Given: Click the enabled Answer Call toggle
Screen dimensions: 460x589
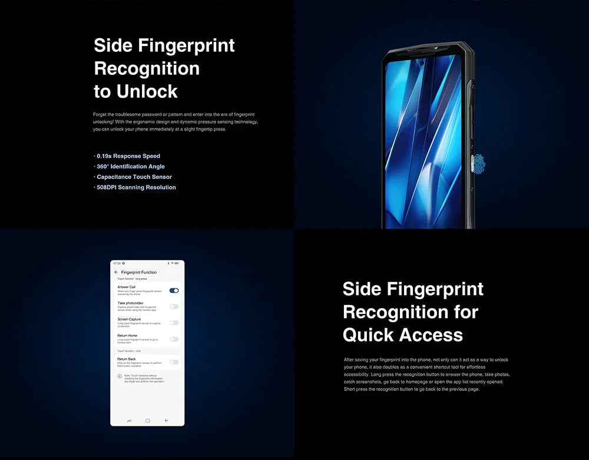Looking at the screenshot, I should click(x=174, y=290).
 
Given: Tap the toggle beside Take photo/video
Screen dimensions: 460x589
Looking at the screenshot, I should click(x=174, y=306).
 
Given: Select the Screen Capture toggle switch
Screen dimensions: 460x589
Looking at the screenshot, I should click(x=174, y=323).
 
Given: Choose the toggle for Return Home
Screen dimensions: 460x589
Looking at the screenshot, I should click(x=174, y=339).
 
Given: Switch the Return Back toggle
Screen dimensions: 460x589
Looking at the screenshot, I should click(x=174, y=362).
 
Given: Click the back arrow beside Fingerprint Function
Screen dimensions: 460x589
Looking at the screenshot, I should click(x=116, y=273).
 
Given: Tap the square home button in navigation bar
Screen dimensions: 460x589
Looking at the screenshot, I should click(x=147, y=421).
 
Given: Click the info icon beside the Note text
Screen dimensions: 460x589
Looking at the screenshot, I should click(x=120, y=376).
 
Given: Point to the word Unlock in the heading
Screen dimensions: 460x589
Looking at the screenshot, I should click(x=147, y=91).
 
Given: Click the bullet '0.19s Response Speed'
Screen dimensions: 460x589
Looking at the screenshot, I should click(x=128, y=156).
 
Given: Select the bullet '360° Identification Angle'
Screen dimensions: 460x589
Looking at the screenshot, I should click(x=130, y=167).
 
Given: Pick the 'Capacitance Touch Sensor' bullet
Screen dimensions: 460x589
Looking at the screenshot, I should click(x=134, y=177).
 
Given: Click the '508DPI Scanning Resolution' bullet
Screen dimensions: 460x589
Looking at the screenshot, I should click(x=135, y=187).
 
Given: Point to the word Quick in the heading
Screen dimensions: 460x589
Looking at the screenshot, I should click(x=369, y=335).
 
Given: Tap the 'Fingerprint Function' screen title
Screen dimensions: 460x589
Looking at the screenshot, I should click(x=139, y=273).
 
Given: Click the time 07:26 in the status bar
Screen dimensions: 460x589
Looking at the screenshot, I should click(x=117, y=263).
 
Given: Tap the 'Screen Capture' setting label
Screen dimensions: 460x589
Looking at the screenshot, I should click(x=129, y=319).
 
